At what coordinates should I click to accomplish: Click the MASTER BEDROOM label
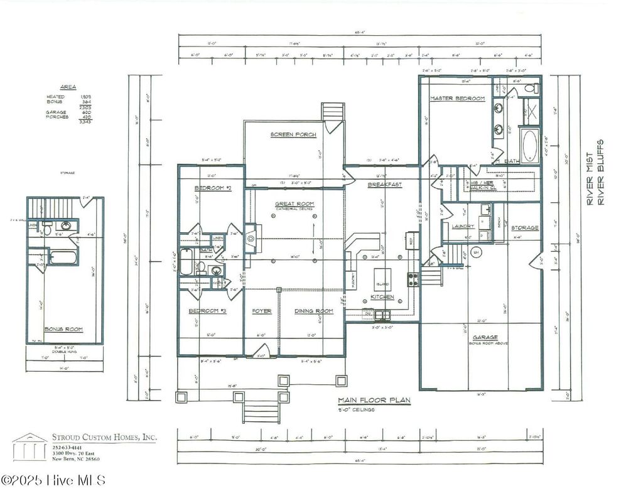457,99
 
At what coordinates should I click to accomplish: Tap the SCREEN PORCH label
293,135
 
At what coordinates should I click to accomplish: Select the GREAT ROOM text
290,203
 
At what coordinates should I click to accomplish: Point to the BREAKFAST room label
384,185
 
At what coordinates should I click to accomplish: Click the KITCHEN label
382,296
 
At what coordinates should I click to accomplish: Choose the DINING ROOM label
313,311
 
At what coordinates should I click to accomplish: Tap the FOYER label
262,311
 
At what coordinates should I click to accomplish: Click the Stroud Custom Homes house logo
29,446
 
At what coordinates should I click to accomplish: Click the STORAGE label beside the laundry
524,227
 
